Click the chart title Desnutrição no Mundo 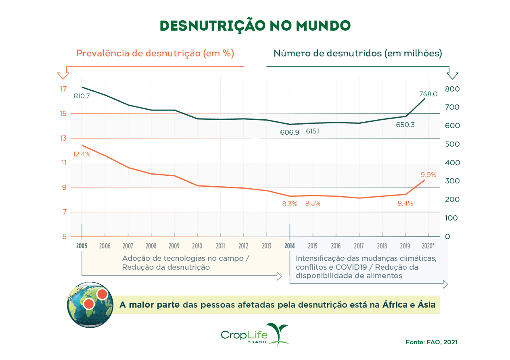[255, 25]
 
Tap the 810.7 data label [82, 97]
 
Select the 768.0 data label [428, 94]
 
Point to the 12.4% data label [82, 154]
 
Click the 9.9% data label [428, 175]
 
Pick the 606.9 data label [290, 132]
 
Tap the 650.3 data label [405, 125]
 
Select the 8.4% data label [405, 204]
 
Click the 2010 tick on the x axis [197, 246]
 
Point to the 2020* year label [428, 246]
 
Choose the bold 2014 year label [289, 246]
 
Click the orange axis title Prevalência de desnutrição [155, 53]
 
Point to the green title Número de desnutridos [357, 53]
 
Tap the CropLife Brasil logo [255, 335]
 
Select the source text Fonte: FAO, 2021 [432, 342]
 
